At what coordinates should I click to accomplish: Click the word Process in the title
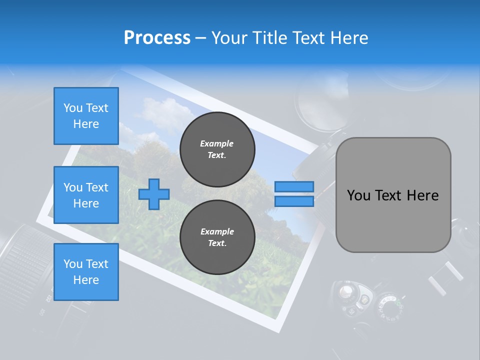[157, 38]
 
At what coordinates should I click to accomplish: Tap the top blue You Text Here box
[86, 116]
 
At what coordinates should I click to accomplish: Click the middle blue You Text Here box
[86, 195]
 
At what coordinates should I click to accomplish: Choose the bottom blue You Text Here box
[86, 271]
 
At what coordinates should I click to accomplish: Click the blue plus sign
[154, 194]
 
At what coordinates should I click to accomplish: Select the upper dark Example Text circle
[217, 149]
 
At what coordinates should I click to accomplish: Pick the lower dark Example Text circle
[217, 237]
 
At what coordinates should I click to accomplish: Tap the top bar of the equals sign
[294, 186]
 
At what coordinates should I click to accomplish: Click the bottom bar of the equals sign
[294, 201]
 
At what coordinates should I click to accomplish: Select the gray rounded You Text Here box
[393, 195]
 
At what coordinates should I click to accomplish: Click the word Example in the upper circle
[217, 143]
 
